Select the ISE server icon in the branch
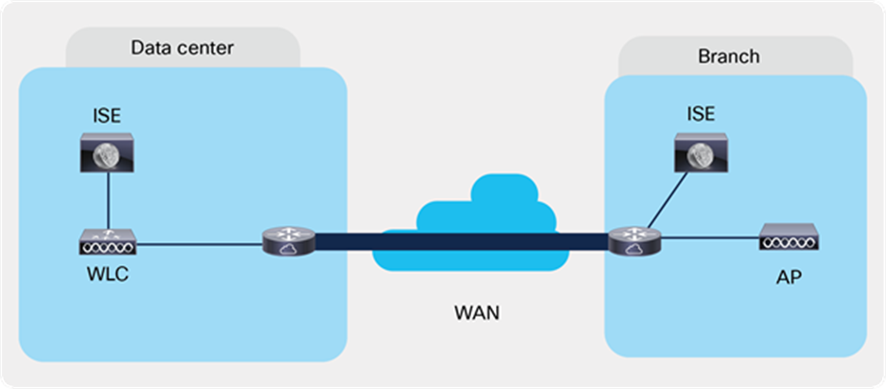pos(699,153)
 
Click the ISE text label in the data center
pos(106,115)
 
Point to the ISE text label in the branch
pos(699,114)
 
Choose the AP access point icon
pos(788,237)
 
